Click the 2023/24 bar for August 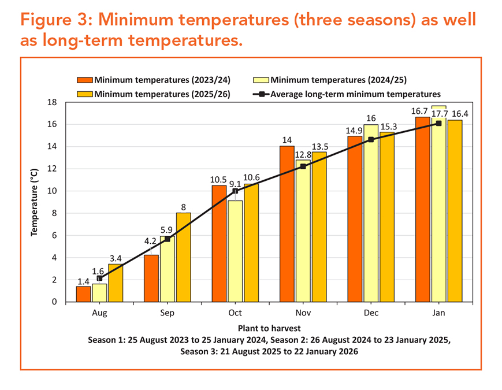[83, 294]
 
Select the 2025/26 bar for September [184, 258]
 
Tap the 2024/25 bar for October [235, 251]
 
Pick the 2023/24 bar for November [287, 224]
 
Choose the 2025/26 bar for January [455, 211]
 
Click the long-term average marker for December [371, 140]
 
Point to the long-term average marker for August [99, 278]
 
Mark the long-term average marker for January [438, 123]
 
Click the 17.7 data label [439, 114]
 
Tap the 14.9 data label [354, 131]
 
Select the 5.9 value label [166, 230]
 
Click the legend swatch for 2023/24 [85, 80]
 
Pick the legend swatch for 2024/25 [261, 80]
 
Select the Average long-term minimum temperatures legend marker [262, 94]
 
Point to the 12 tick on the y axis [52, 169]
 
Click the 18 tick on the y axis [52, 102]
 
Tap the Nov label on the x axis [303, 313]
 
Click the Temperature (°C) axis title [34, 202]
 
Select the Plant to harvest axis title [269, 328]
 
